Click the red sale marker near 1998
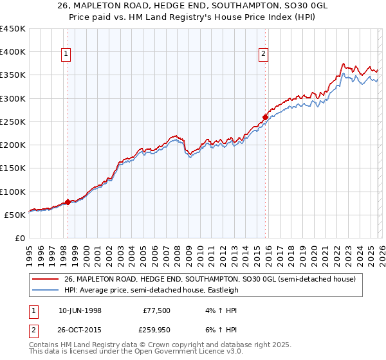tap(68, 202)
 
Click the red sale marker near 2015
tap(265, 117)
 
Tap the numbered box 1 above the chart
tap(67, 55)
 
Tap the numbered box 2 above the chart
tap(264, 55)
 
